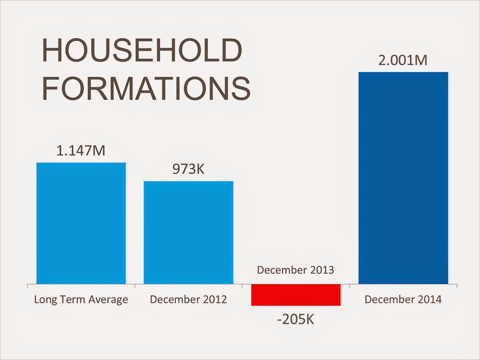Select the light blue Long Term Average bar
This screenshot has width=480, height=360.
(81, 223)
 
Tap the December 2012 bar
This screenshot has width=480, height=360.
(188, 232)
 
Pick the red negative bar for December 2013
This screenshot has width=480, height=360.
(296, 295)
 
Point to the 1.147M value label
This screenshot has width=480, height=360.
(81, 150)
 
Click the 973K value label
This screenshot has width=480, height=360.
(188, 169)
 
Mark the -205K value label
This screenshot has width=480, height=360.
(296, 320)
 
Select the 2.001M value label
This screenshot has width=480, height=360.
(403, 61)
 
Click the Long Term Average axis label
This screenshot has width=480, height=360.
(81, 299)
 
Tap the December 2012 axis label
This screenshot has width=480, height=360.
(188, 299)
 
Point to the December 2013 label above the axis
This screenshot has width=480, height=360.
(295, 270)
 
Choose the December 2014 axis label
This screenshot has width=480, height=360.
(403, 299)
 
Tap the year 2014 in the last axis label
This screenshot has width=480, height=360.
(430, 299)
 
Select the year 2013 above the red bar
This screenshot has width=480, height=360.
(322, 270)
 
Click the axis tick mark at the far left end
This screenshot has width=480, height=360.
(28, 286)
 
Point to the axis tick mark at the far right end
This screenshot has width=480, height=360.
(457, 286)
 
